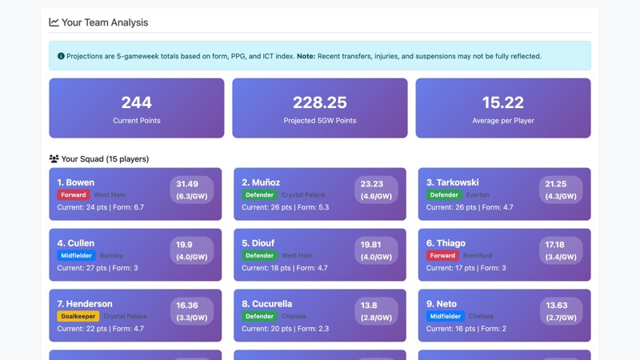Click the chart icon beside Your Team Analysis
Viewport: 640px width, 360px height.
pyautogui.click(x=54, y=22)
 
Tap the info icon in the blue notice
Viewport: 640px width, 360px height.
pyautogui.click(x=61, y=56)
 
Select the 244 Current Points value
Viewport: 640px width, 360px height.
pyautogui.click(x=136, y=102)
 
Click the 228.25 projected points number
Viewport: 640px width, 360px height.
pyautogui.click(x=319, y=102)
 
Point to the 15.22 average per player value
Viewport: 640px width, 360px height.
pyautogui.click(x=502, y=102)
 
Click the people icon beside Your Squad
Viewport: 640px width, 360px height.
pyautogui.click(x=54, y=159)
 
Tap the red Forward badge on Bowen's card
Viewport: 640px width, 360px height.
pyautogui.click(x=73, y=194)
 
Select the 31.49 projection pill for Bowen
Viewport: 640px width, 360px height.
pyautogui.click(x=191, y=190)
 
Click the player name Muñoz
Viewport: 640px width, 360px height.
pyautogui.click(x=261, y=182)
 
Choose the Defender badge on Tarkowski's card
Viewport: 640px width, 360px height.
pyautogui.click(x=443, y=194)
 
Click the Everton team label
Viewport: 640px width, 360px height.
pyautogui.click(x=477, y=194)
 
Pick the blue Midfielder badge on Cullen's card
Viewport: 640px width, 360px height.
pyautogui.click(x=76, y=255)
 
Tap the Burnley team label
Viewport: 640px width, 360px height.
pyautogui.click(x=111, y=255)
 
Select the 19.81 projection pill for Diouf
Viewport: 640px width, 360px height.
pyautogui.click(x=376, y=250)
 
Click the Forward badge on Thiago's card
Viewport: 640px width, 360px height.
pyautogui.click(x=442, y=255)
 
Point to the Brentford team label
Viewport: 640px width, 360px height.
pyautogui.click(x=478, y=255)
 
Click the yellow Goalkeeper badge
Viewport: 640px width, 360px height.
pyautogui.click(x=78, y=316)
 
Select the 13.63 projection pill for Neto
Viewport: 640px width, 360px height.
pyautogui.click(x=560, y=311)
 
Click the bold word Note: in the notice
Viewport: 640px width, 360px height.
pyautogui.click(x=306, y=56)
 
